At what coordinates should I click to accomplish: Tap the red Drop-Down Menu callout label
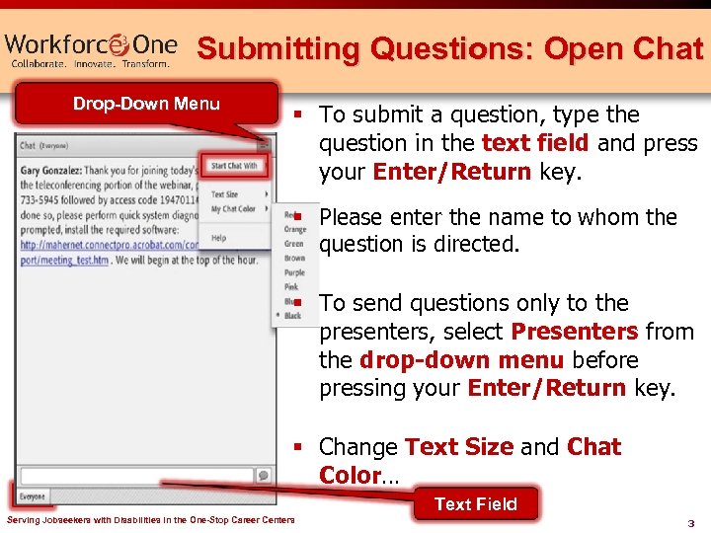point(146,104)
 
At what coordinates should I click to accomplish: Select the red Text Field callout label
point(476,503)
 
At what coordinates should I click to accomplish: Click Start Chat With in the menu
point(234,166)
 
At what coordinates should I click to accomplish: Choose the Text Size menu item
point(225,194)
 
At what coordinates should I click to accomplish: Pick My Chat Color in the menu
point(233,209)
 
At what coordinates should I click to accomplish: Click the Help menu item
point(218,238)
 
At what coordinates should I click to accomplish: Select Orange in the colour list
point(294,230)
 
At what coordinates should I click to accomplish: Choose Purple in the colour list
point(294,272)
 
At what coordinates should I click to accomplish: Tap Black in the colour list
point(293,316)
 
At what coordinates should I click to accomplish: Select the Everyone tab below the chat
point(33,496)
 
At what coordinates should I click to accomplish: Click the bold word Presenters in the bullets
point(576,332)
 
